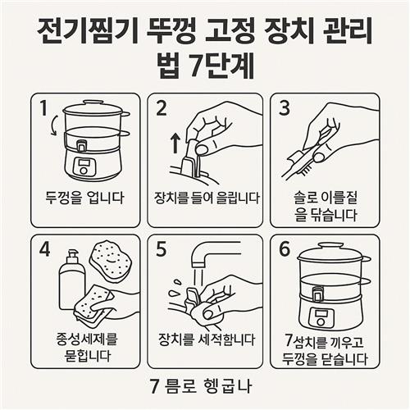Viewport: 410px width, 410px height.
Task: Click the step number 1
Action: tap(43, 107)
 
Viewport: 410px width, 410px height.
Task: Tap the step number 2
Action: tap(162, 107)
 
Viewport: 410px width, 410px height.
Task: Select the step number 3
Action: tap(285, 107)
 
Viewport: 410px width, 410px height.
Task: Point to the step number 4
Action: tap(45, 249)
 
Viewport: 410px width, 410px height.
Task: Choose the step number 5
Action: tap(161, 249)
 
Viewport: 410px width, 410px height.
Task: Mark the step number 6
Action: tap(285, 249)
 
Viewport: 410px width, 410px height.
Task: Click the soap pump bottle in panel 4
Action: tap(72, 280)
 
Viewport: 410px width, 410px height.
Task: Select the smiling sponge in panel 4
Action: tap(111, 261)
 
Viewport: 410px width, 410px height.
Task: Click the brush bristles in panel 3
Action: tap(306, 171)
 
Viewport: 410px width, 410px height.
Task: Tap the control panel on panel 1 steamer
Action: tap(84, 167)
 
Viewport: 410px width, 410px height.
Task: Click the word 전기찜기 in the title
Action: tap(87, 31)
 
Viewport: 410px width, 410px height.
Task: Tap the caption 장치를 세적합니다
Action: tap(207, 339)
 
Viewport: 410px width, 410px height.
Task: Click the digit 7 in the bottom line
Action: tap(155, 386)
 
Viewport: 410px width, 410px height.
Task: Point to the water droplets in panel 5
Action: tap(175, 289)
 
